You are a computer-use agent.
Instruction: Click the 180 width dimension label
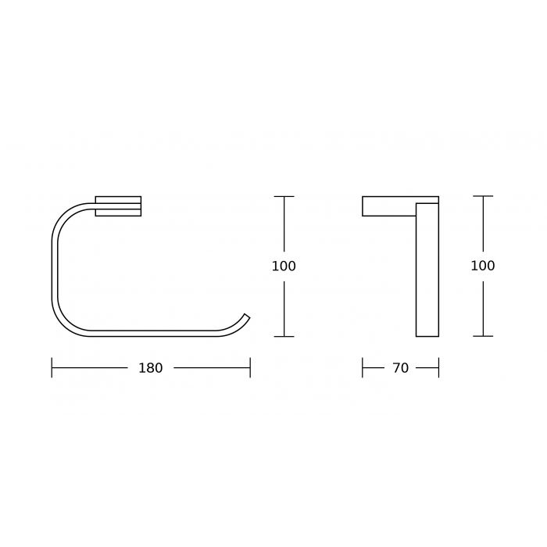click(x=151, y=368)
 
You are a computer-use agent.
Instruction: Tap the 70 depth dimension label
click(x=400, y=368)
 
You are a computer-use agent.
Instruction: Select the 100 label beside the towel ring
click(x=284, y=266)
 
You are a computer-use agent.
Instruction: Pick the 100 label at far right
click(x=483, y=266)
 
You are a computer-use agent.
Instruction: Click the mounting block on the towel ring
click(x=118, y=206)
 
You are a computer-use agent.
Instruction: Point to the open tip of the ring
click(x=248, y=316)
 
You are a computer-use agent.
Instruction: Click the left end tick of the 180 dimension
click(x=52, y=368)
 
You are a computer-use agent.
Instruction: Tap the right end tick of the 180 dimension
click(x=250, y=368)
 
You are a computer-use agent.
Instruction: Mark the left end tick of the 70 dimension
click(x=363, y=368)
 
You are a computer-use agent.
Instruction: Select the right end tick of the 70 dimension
click(x=438, y=368)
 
